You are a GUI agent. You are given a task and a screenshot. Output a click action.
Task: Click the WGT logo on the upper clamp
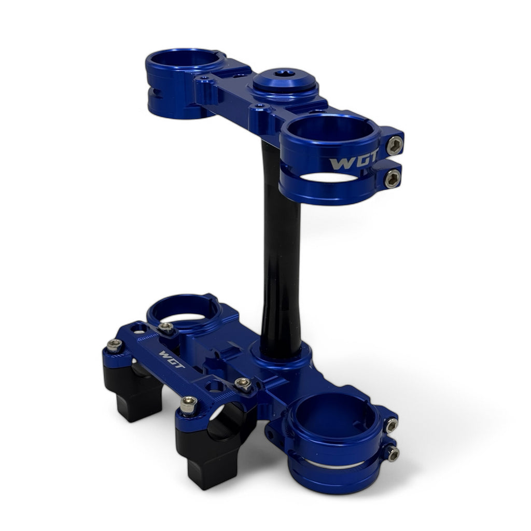(354, 163)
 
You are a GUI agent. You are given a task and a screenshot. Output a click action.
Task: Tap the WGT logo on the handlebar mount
(172, 359)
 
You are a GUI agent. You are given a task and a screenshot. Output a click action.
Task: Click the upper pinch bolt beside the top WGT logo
(394, 145)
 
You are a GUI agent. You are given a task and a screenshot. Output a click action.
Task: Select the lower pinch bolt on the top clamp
(392, 179)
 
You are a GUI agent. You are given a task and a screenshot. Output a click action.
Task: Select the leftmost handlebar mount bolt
(114, 345)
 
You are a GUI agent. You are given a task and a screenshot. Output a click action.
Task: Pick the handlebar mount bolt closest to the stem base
(242, 384)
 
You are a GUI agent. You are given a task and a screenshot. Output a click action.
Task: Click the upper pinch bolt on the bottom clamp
(390, 426)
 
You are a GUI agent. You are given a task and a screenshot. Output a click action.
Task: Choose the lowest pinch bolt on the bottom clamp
(392, 454)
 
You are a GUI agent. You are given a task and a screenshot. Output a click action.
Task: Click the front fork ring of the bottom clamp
(332, 441)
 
